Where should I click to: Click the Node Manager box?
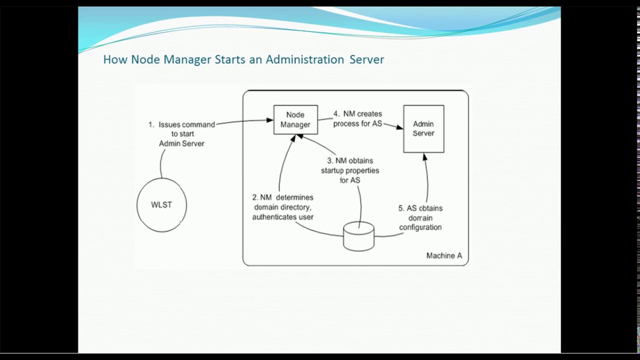click(x=295, y=119)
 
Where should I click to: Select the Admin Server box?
click(x=423, y=128)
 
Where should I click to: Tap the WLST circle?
click(x=161, y=205)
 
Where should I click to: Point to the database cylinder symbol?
click(x=358, y=236)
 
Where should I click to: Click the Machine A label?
click(x=444, y=255)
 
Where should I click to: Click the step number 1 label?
click(x=151, y=124)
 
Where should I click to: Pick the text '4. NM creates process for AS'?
click(x=357, y=119)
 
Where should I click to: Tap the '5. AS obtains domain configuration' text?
click(x=420, y=217)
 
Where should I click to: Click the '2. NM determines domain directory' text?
click(x=283, y=202)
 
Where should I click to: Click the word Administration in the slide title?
click(x=304, y=59)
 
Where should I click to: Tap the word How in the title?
click(x=115, y=59)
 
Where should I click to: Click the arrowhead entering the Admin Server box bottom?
click(x=424, y=157)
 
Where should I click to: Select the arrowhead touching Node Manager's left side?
click(x=270, y=120)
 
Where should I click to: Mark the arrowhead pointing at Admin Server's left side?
click(x=400, y=127)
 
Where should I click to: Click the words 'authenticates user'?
click(x=283, y=217)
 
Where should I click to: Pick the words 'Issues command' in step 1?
click(x=186, y=124)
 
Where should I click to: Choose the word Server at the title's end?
click(x=366, y=59)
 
